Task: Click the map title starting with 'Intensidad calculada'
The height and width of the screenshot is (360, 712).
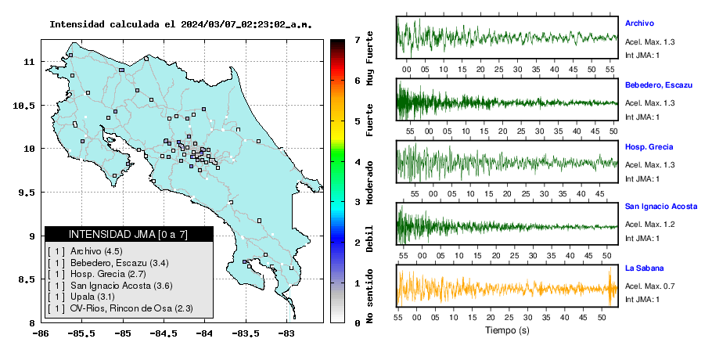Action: [181, 24]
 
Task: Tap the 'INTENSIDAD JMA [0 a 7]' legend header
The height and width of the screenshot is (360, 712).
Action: [128, 234]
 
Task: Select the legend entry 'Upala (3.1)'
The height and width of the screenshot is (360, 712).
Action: [92, 297]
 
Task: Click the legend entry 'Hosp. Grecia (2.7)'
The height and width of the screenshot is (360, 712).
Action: [108, 274]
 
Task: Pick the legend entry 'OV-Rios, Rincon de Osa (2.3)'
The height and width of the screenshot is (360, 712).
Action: [131, 308]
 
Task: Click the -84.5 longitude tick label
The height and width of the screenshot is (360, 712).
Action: [164, 333]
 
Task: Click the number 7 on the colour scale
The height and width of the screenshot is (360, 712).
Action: [358, 40]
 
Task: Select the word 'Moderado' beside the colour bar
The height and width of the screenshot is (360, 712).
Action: [370, 182]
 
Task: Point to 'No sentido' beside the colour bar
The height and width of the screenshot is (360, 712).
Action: [370, 296]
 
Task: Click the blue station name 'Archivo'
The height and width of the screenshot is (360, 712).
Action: [639, 23]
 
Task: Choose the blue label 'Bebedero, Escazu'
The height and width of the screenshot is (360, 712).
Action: [659, 85]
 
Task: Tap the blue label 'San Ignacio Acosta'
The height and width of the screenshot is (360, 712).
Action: [660, 207]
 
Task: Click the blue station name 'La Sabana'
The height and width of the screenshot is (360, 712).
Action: [645, 268]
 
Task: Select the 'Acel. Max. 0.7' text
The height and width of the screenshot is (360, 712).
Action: [649, 286]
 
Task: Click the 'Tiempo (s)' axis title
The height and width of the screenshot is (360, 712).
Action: [507, 330]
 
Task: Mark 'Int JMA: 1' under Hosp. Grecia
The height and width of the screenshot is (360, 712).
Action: [642, 179]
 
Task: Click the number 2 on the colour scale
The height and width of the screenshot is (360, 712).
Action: [358, 243]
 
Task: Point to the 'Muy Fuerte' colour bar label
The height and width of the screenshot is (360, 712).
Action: [370, 58]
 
